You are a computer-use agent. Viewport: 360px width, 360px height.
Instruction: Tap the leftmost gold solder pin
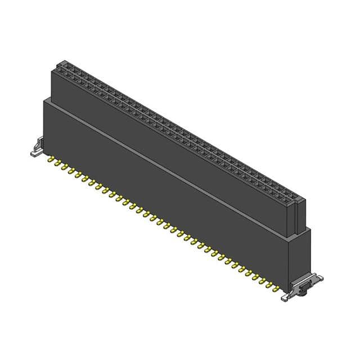(50, 160)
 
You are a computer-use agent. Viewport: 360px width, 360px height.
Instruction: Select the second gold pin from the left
(56, 164)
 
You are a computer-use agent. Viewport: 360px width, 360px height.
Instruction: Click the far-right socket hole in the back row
(299, 196)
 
